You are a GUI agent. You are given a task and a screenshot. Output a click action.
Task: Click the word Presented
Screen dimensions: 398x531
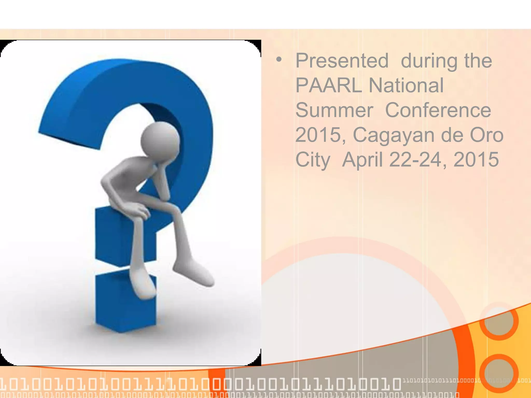pyautogui.click(x=342, y=61)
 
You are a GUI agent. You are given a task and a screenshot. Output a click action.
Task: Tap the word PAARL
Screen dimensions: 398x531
pyautogui.click(x=329, y=85)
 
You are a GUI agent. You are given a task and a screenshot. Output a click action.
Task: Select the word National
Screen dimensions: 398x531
pyautogui.click(x=406, y=85)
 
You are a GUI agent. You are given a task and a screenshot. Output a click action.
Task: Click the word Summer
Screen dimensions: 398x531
pyautogui.click(x=334, y=110)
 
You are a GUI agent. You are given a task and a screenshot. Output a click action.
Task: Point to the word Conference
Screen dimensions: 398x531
pyautogui.click(x=438, y=110)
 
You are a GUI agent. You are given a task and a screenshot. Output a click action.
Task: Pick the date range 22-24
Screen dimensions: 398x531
pyautogui.click(x=415, y=159)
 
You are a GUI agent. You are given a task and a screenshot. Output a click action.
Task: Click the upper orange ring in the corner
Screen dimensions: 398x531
pyautogui.click(x=499, y=321)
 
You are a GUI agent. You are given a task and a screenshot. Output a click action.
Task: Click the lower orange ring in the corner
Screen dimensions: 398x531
pyautogui.click(x=499, y=373)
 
